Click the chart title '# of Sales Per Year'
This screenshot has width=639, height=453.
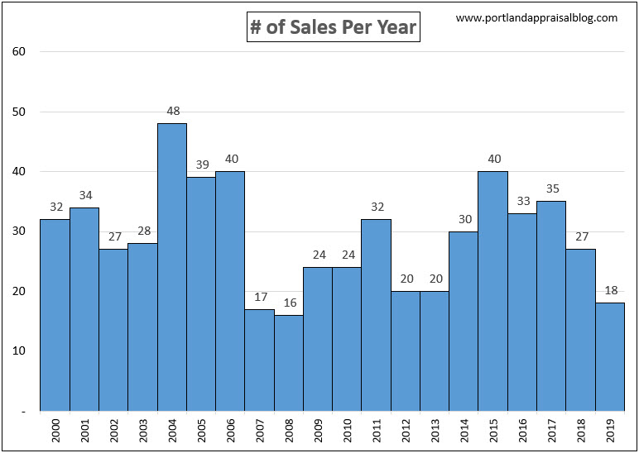tap(334, 28)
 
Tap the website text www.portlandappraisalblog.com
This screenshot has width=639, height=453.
tap(536, 18)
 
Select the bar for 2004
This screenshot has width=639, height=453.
tap(172, 267)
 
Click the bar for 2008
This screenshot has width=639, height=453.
tap(289, 363)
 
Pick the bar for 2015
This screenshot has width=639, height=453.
tap(493, 291)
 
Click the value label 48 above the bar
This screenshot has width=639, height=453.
tap(172, 111)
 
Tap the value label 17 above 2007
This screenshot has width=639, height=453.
tap(260, 297)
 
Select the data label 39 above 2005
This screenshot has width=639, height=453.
tap(201, 165)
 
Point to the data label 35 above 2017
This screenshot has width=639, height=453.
tap(551, 188)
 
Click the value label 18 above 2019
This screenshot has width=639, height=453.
tap(610, 290)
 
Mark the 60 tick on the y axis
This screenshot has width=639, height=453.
tap(19, 52)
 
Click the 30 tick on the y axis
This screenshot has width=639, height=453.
tap(19, 231)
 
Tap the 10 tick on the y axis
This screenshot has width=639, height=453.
tap(19, 351)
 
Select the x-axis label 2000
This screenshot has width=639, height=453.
tap(55, 430)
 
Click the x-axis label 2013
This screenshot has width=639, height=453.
tap(435, 430)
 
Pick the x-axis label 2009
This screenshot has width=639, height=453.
tap(318, 430)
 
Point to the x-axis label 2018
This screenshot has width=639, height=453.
tap(580, 430)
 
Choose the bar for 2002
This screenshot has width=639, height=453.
tap(113, 330)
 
